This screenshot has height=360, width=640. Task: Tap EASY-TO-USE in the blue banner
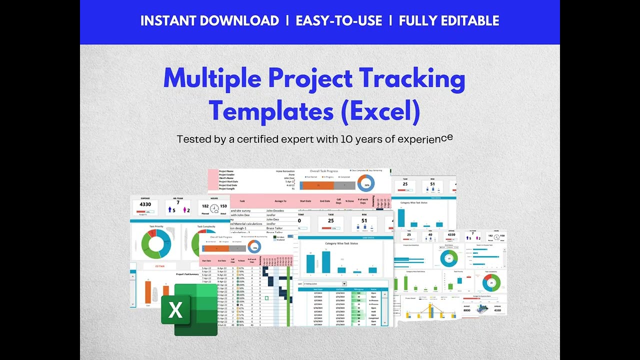[x=339, y=21]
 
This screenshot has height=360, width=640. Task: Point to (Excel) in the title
[x=380, y=111]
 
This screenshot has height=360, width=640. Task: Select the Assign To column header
[x=280, y=201]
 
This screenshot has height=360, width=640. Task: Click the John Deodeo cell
[x=275, y=210]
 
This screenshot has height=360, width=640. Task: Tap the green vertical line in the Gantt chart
[x=288, y=295]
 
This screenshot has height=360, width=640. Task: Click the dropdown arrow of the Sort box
[x=344, y=283]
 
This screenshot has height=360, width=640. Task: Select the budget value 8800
[x=466, y=310]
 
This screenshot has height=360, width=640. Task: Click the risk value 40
[x=429, y=234]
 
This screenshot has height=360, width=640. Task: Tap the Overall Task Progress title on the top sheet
[x=324, y=170]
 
